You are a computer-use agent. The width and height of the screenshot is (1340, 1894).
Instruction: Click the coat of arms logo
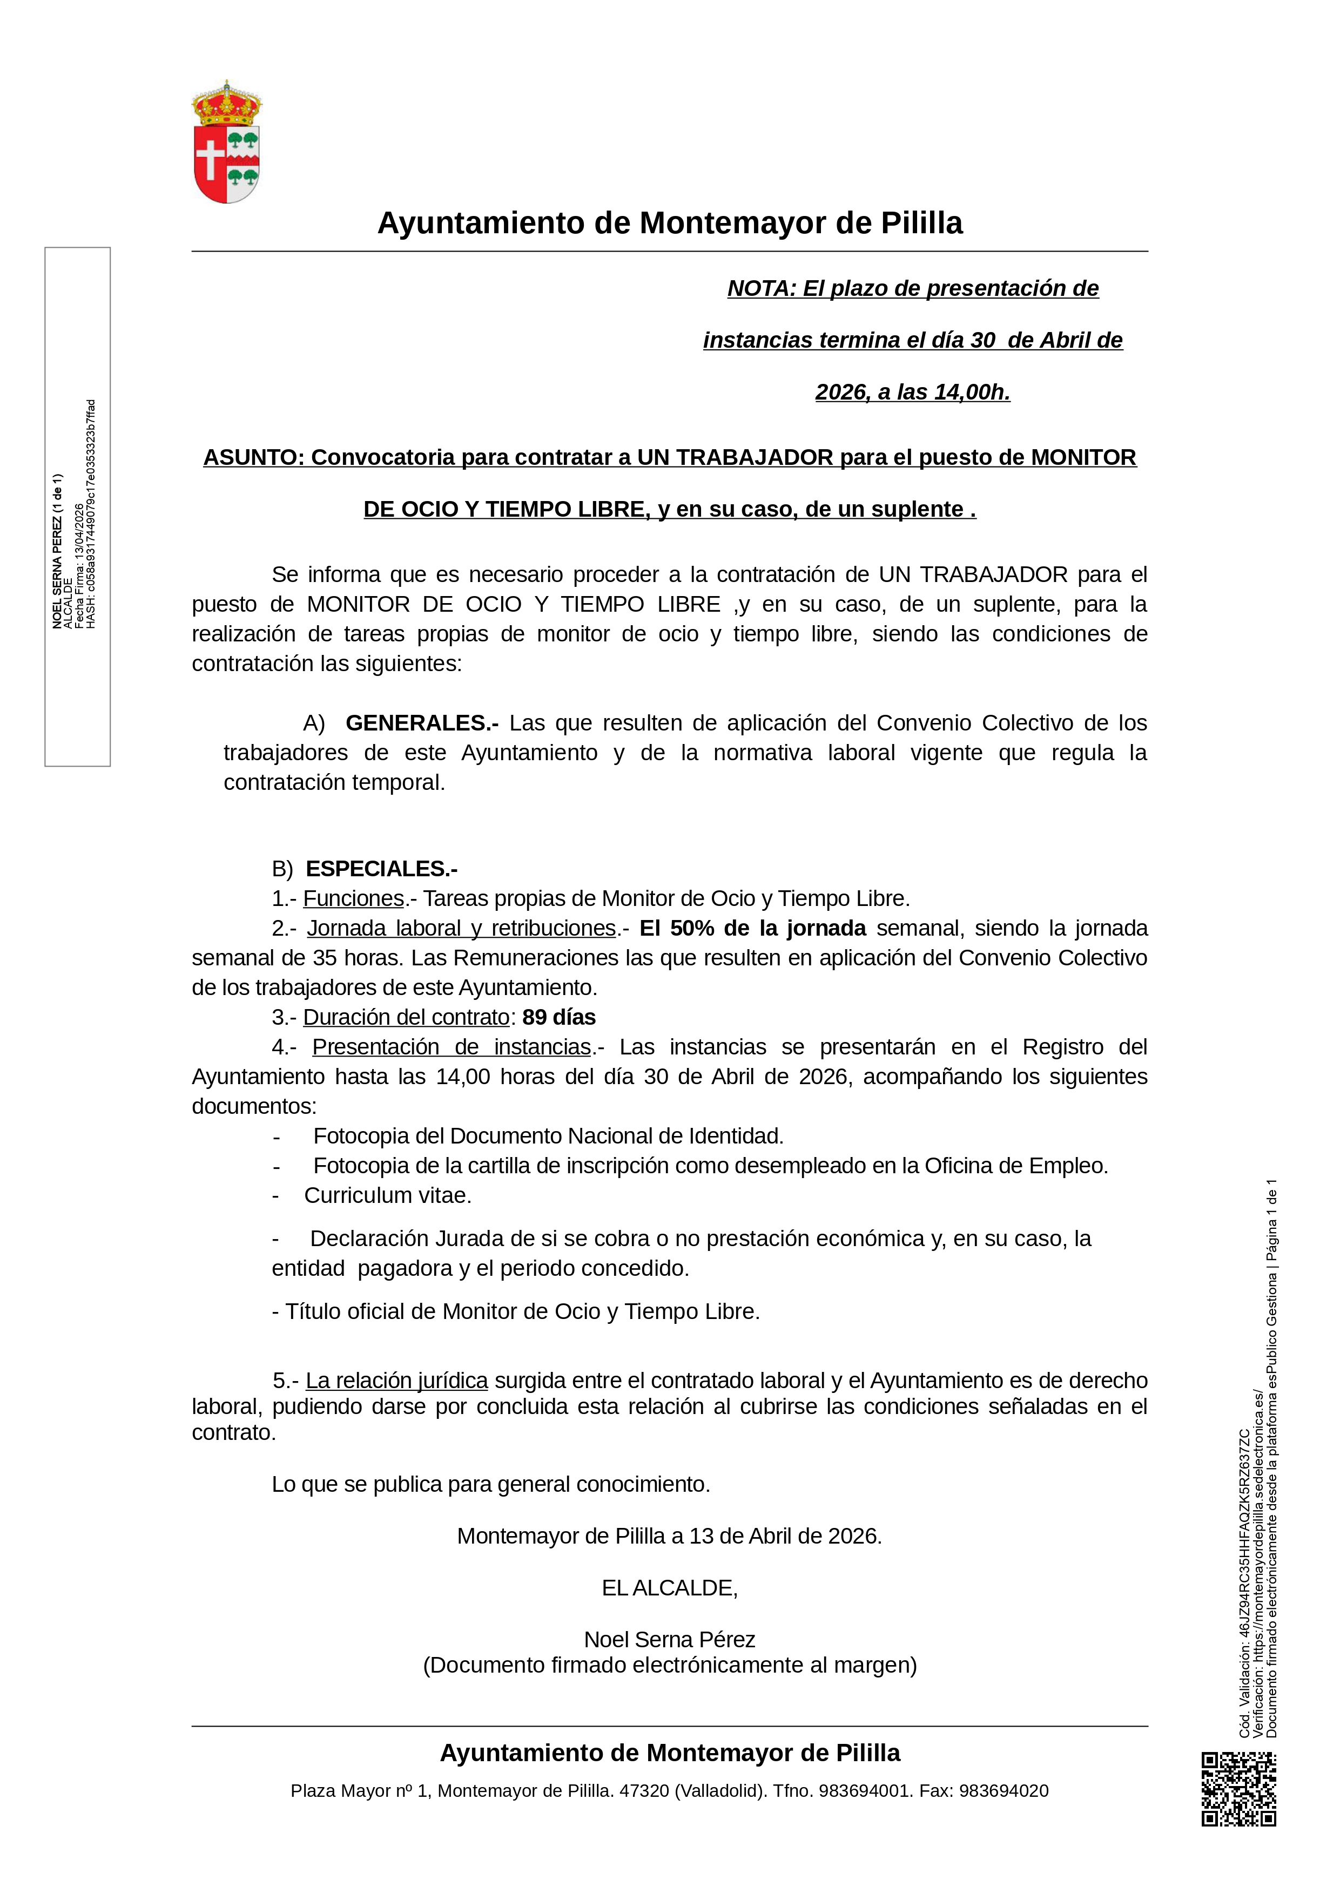(226, 142)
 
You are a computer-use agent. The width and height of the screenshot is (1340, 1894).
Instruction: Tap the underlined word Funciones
(353, 898)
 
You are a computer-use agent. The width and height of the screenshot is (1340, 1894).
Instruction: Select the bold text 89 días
(558, 1017)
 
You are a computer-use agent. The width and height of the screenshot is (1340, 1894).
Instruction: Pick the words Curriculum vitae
(388, 1195)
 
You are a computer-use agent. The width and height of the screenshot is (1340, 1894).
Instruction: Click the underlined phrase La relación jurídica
(397, 1381)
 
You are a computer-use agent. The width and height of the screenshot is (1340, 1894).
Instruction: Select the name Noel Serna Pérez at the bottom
(669, 1639)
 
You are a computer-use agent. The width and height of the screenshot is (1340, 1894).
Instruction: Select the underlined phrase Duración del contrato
(406, 1017)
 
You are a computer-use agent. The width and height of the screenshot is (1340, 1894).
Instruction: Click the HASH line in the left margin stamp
(91, 514)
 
